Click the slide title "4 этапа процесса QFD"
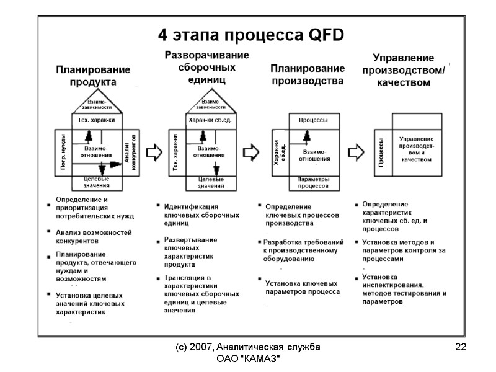tap(250, 33)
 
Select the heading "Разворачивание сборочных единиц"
tap(206, 67)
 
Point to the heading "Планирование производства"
tap(308, 74)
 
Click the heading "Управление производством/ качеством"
tap(403, 69)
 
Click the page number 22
tap(460, 347)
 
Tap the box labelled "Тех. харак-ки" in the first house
tap(94, 120)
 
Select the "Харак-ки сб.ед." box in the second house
tap(210, 120)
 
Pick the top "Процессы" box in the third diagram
tap(313, 120)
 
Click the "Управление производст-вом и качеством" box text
tap(416, 149)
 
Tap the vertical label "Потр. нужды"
tap(63, 151)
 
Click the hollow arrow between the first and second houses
tap(156, 152)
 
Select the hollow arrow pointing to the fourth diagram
tap(356, 152)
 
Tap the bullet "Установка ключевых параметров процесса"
tap(301, 287)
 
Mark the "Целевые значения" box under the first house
tap(96, 182)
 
